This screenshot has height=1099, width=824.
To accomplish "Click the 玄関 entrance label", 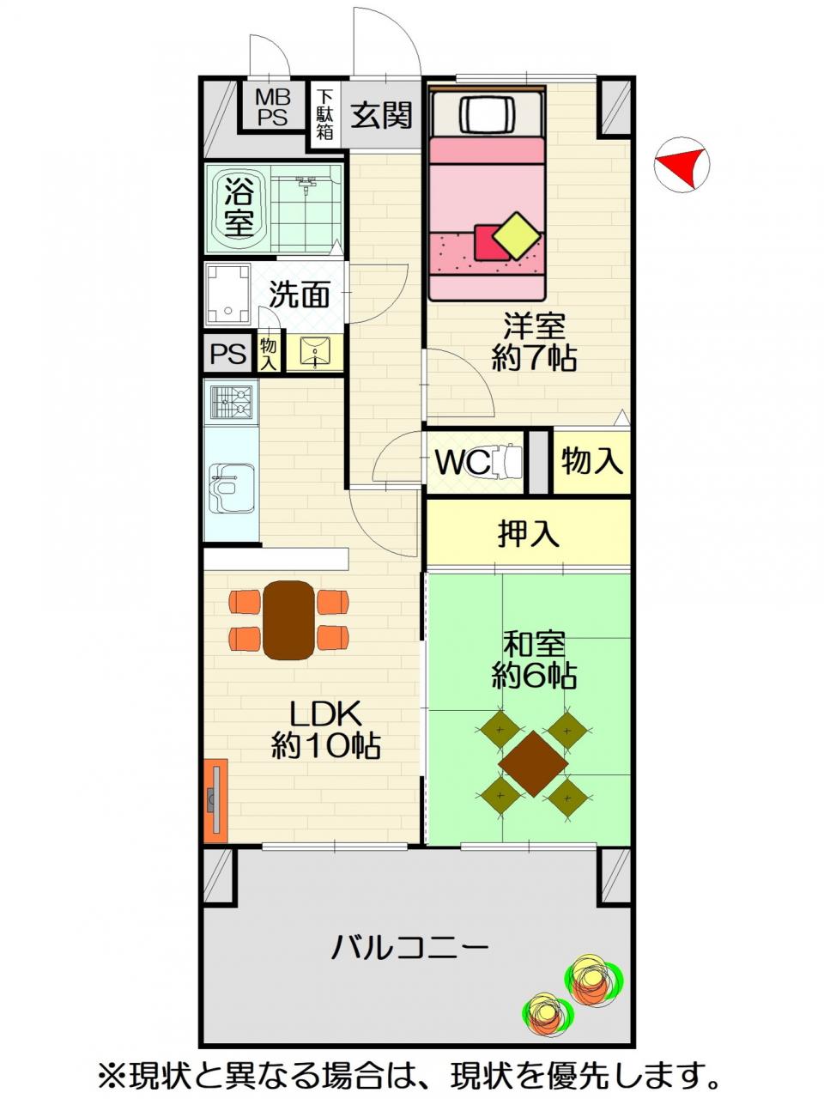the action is (x=381, y=115).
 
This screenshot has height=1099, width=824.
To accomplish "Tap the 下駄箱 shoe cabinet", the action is (x=325, y=115).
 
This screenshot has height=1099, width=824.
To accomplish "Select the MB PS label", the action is (x=273, y=106).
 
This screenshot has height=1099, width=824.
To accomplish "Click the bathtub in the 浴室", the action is (x=238, y=208).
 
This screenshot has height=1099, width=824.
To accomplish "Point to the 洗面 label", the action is (x=300, y=294).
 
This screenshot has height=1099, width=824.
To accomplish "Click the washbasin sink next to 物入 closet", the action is (x=315, y=353).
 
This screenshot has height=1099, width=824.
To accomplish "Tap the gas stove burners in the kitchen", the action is (x=231, y=402).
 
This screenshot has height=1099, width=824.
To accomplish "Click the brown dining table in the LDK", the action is (x=288, y=621).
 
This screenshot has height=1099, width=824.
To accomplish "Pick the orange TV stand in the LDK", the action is (x=215, y=800).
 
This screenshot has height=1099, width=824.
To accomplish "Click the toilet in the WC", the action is (x=506, y=462).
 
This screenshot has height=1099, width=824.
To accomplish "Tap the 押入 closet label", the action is (x=529, y=534).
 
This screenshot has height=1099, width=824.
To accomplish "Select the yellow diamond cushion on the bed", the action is (x=517, y=235).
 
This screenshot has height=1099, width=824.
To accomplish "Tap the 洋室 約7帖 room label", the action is (x=534, y=342).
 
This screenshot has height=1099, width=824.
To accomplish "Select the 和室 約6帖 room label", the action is (x=534, y=660).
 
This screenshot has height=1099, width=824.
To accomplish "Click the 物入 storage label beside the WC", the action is (x=592, y=460).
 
